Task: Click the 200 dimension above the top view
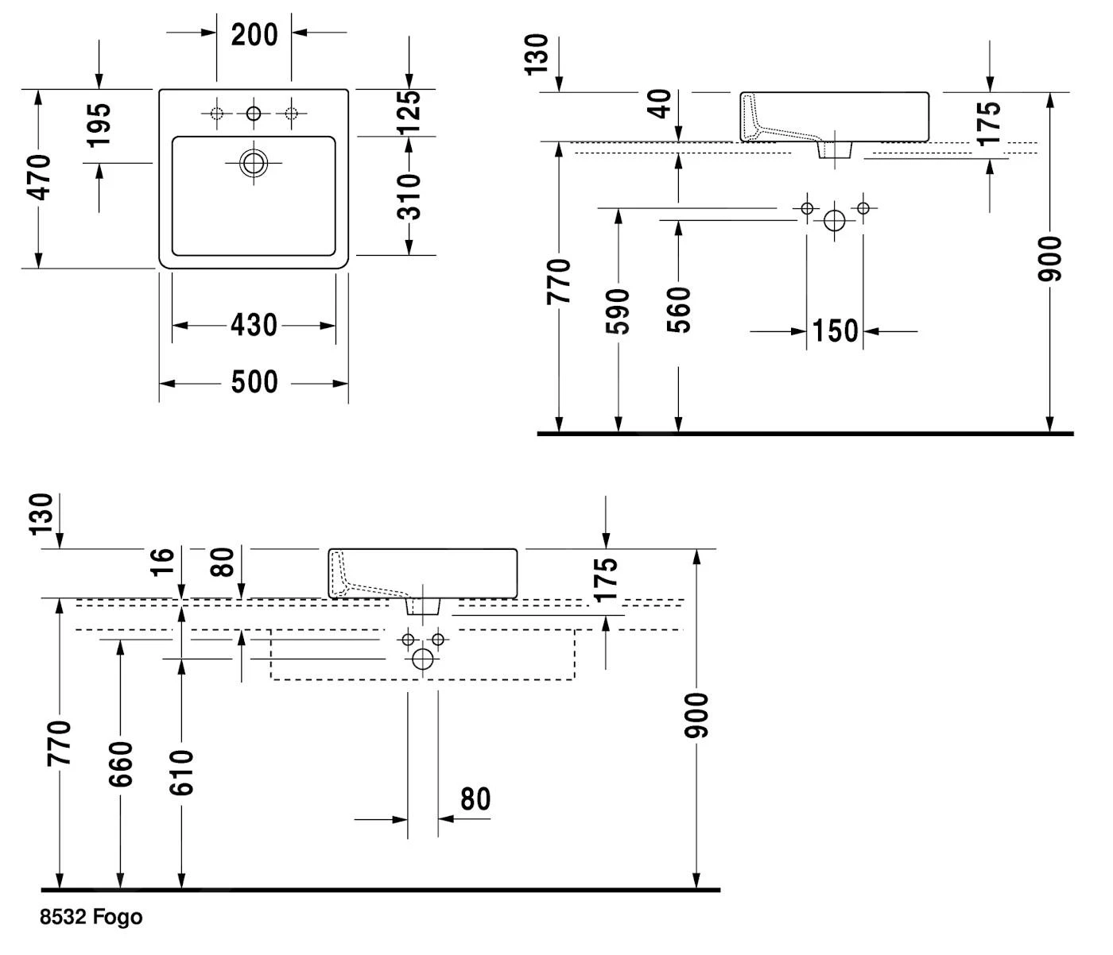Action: click(x=254, y=34)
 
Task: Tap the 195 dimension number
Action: click(x=99, y=124)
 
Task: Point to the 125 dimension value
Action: click(x=409, y=112)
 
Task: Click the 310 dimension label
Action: click(x=409, y=196)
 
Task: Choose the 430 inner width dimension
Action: click(x=254, y=325)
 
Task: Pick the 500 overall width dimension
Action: click(x=254, y=382)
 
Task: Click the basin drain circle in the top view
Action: click(x=254, y=164)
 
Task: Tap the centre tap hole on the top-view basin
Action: click(x=254, y=114)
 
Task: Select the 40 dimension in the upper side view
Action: click(x=660, y=104)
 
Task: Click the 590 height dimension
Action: click(x=618, y=311)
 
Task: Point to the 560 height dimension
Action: click(x=678, y=310)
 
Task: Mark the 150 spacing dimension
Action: click(x=835, y=331)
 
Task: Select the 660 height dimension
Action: click(x=120, y=764)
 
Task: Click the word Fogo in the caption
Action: click(x=118, y=918)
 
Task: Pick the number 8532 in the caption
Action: click(x=64, y=918)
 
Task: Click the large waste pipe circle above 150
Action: click(x=835, y=221)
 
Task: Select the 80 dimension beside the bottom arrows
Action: click(x=475, y=798)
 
